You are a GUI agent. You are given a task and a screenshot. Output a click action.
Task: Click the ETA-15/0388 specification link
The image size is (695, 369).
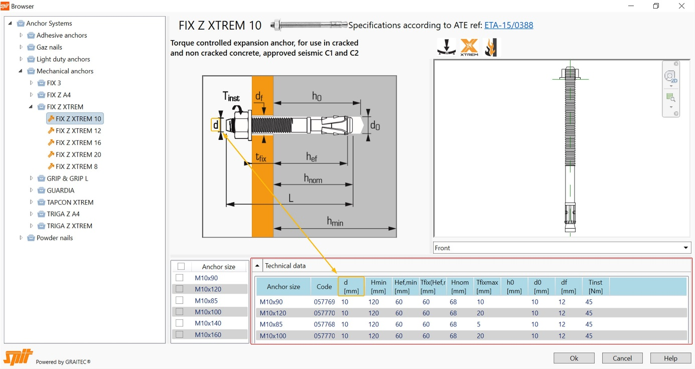tap(508, 25)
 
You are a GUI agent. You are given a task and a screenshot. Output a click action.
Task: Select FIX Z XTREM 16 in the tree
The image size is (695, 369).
tap(78, 143)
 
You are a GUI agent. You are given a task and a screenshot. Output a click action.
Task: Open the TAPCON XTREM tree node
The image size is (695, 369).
tap(70, 203)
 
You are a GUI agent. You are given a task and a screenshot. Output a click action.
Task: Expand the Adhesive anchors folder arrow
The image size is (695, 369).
tap(21, 35)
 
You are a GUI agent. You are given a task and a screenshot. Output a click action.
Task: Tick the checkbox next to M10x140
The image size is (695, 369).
tap(179, 323)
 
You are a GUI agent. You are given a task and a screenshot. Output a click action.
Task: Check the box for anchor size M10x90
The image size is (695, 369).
tap(179, 278)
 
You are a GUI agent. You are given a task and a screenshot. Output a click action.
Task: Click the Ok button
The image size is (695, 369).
tap(574, 358)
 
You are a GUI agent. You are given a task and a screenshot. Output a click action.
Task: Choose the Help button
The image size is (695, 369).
tap(670, 358)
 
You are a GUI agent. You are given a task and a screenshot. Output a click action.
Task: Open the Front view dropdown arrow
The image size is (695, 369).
tap(685, 248)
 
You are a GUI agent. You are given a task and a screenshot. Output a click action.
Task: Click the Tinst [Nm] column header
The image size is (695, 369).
tap(595, 286)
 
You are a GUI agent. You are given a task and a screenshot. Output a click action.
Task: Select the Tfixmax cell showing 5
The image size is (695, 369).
tap(479, 324)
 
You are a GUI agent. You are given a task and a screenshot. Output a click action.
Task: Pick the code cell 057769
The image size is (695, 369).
tap(324, 302)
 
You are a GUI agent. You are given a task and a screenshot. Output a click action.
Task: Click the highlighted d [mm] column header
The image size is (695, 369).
tap(351, 286)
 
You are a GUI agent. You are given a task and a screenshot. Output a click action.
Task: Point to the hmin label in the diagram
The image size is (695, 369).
tap(335, 221)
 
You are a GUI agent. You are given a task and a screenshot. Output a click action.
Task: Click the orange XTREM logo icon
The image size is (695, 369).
tap(469, 48)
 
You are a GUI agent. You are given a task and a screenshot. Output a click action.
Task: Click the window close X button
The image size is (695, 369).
tap(681, 6)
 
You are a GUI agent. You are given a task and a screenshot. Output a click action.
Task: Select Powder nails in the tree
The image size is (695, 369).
tap(54, 238)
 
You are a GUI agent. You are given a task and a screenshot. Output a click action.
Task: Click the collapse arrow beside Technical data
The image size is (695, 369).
tap(257, 266)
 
